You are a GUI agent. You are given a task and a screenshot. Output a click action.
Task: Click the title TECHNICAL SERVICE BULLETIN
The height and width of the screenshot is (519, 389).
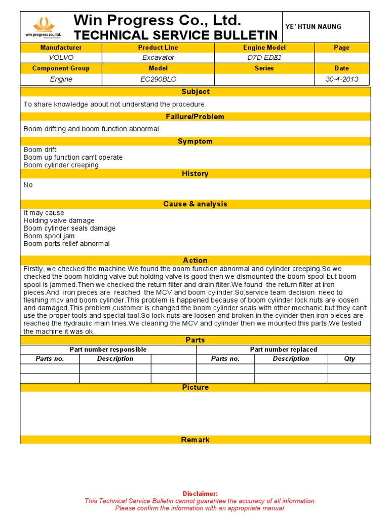[176, 35]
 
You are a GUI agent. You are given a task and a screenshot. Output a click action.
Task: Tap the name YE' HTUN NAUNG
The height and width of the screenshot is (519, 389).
[314, 27]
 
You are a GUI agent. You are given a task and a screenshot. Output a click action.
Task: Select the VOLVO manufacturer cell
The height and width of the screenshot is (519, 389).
[61, 58]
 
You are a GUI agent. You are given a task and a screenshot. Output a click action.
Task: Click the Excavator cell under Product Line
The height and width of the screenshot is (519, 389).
[158, 58]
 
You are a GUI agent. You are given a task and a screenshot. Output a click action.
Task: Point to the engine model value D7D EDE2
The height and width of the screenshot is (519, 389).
[264, 58]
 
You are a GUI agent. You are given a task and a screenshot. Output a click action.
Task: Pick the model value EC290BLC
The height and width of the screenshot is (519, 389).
[158, 79]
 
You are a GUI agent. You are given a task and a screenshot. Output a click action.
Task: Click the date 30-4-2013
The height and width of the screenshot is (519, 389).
[341, 79]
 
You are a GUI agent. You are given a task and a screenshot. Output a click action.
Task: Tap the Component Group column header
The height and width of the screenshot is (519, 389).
[61, 68]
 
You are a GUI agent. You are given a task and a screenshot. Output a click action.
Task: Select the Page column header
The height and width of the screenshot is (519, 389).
[341, 48]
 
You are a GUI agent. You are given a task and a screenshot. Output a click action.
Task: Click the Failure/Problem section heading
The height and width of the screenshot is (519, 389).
[195, 117]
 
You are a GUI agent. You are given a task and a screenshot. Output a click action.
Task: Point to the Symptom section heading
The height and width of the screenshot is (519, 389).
[195, 141]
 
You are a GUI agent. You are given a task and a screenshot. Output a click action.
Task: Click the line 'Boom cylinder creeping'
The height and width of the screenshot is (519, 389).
[61, 165]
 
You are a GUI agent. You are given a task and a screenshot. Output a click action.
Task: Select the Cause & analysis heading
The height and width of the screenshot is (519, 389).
[195, 204]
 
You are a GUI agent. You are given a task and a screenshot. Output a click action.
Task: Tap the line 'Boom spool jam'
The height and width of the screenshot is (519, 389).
[49, 236]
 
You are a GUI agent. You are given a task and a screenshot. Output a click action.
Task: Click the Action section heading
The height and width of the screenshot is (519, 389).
[195, 261]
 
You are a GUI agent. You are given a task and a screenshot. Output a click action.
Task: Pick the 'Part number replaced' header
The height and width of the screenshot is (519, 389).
[283, 350]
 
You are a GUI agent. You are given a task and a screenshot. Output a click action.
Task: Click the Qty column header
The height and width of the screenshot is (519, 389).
[349, 359]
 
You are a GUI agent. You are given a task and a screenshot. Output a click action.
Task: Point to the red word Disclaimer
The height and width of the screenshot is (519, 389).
[200, 494]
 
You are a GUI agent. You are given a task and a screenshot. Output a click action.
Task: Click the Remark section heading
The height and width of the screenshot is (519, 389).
[195, 440]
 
